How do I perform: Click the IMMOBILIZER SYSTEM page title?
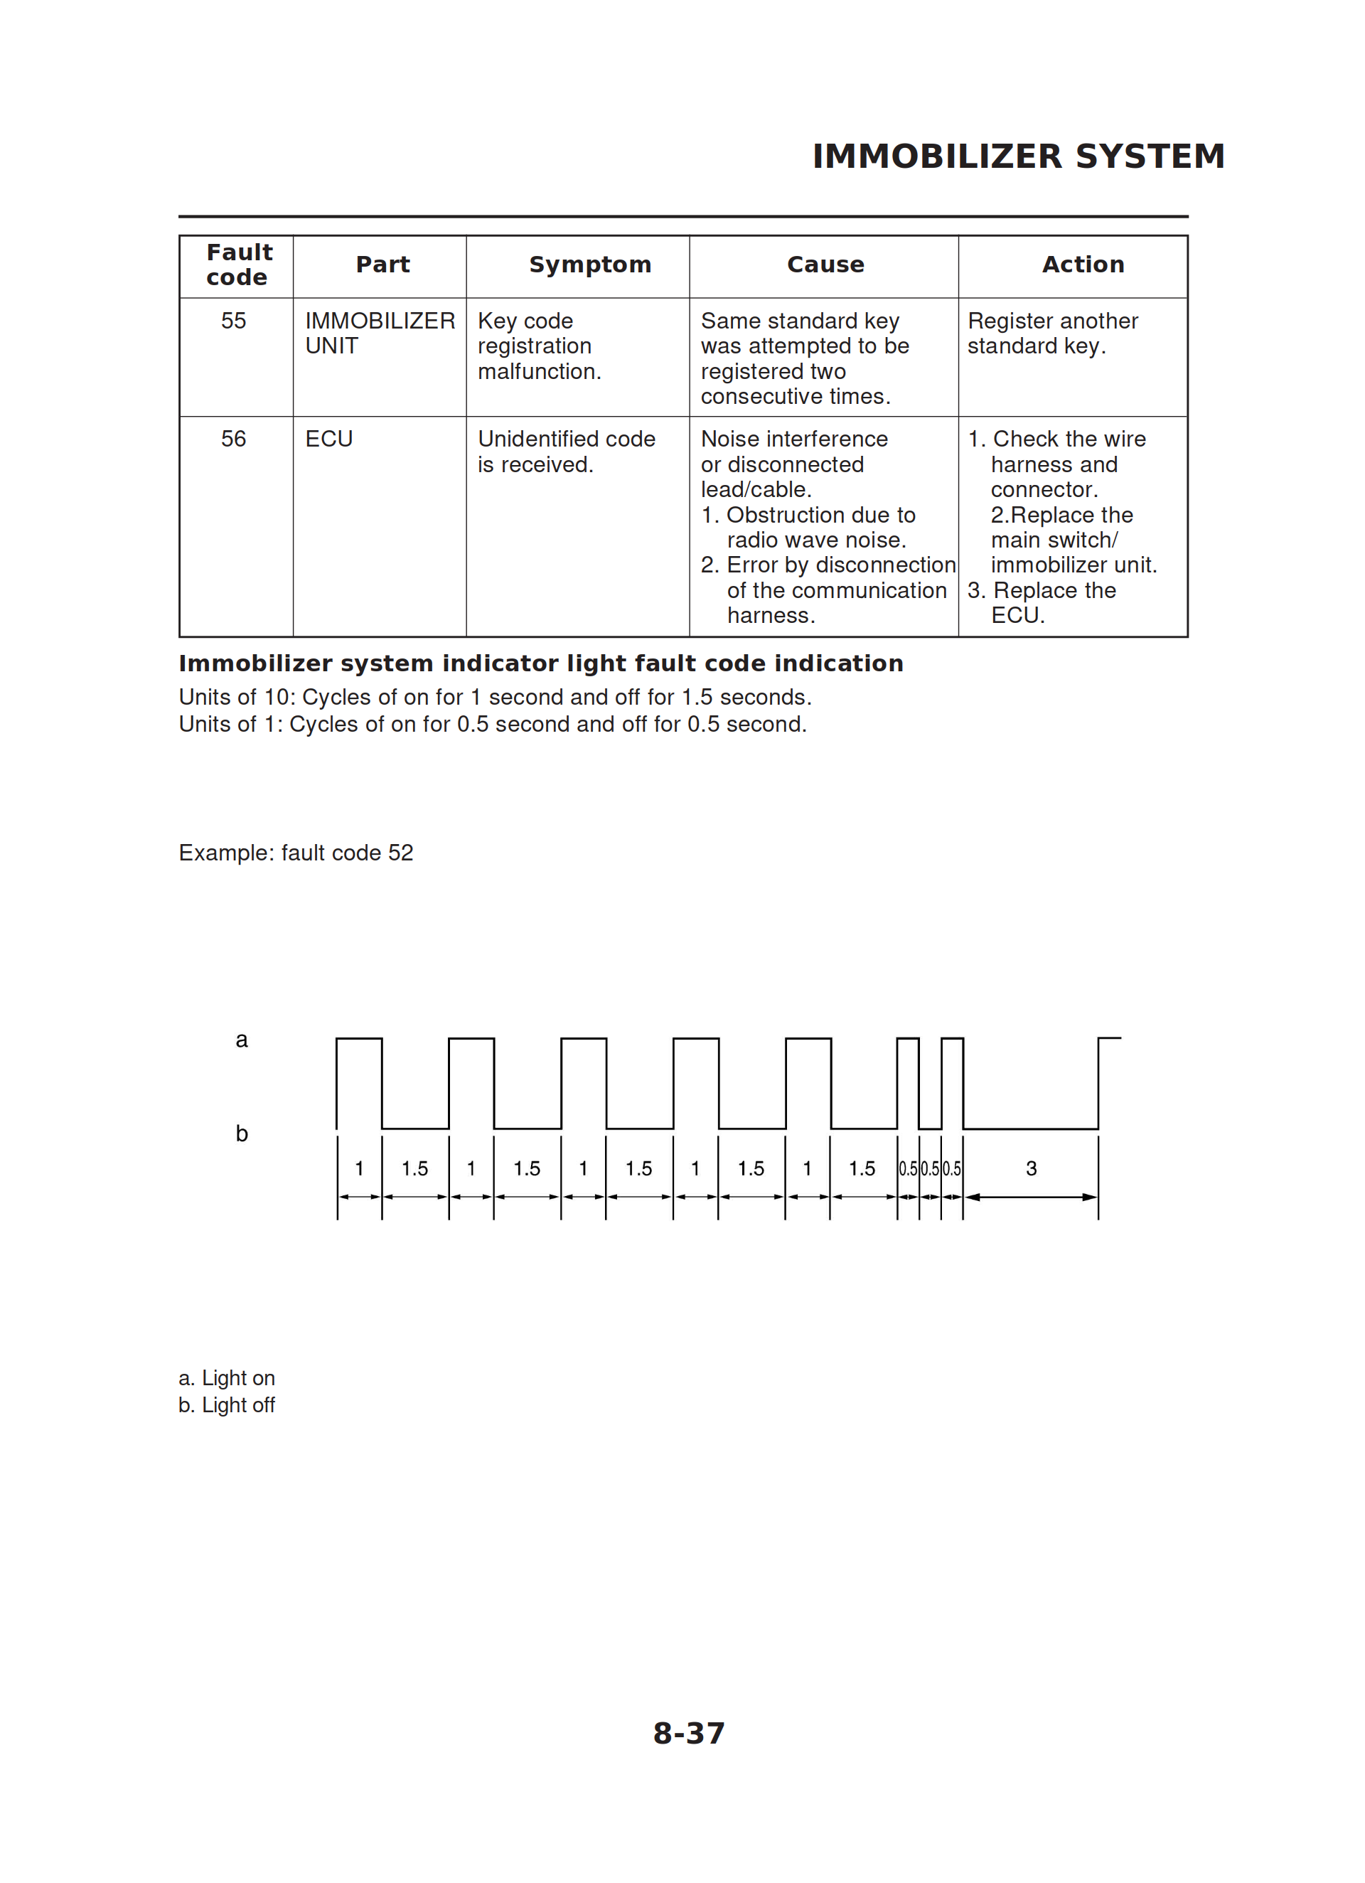coord(1018,156)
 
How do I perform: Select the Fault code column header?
coord(238,265)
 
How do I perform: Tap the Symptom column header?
coord(589,265)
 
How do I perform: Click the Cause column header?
coord(825,265)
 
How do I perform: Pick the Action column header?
coord(1083,265)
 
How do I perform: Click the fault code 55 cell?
coord(233,321)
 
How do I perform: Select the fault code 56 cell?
coord(233,439)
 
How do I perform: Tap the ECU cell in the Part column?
coord(328,439)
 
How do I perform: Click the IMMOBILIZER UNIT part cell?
coord(380,333)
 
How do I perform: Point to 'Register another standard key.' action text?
coord(1052,333)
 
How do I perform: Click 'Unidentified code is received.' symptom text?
coord(566,452)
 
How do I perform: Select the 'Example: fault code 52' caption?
coord(296,853)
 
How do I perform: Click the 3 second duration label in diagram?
coord(1032,1169)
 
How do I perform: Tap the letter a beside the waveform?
coord(242,1040)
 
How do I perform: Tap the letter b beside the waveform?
coord(242,1134)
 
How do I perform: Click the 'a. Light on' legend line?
coord(227,1378)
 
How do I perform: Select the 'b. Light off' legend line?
coord(227,1406)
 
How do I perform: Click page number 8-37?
coord(688,1734)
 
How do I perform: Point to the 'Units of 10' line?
coord(495,698)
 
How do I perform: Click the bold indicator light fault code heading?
coord(540,663)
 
